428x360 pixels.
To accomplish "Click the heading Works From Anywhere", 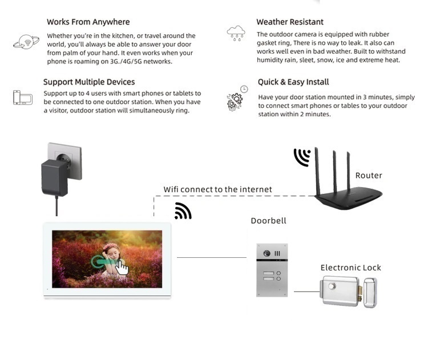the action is (x=88, y=22).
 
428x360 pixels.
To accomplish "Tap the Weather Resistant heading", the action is (x=290, y=22).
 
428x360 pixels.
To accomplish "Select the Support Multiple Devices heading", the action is (x=89, y=82).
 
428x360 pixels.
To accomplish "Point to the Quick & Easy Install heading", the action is (x=293, y=82).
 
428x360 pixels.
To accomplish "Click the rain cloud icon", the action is (x=236, y=33).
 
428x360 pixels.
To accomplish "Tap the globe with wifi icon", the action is (x=26, y=42).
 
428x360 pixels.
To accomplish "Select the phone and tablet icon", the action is (x=23, y=98).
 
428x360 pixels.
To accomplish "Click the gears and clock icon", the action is (x=237, y=98).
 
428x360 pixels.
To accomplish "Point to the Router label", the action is (x=369, y=176).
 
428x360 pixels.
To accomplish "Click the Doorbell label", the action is (x=269, y=221).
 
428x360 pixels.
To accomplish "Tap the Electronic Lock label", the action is (x=351, y=268).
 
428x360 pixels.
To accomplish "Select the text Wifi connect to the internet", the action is (x=217, y=189).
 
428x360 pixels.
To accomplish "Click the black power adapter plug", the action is (x=55, y=177).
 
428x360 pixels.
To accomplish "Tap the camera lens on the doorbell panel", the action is (x=267, y=253).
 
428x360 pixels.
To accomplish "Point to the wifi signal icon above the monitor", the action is (x=183, y=211).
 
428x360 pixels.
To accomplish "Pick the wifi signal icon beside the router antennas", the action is (x=302, y=157).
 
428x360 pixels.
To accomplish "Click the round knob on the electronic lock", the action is (x=332, y=286).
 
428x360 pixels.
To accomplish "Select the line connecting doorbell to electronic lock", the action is (x=307, y=292).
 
